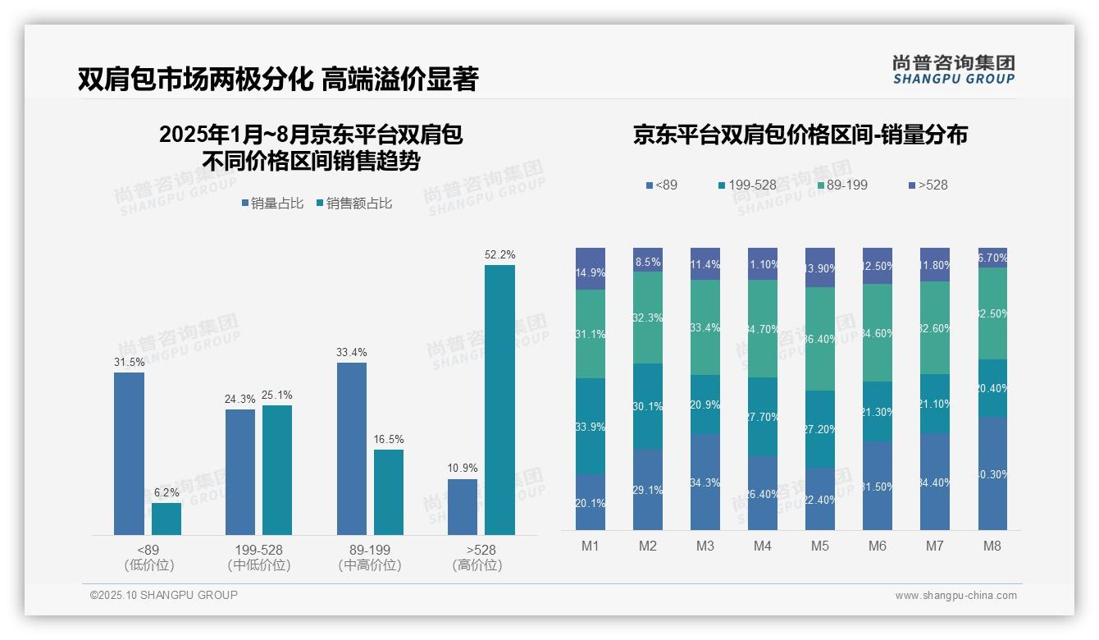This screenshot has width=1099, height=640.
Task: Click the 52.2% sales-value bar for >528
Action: point(499,400)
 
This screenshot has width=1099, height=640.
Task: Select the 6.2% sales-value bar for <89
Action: point(166,519)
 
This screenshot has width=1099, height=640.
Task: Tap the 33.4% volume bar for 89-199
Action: point(351,449)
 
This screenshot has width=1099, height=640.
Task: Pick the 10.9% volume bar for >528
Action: point(463,507)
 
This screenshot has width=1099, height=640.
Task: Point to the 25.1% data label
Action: point(276,395)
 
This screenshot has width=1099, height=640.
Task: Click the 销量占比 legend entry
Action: point(272,203)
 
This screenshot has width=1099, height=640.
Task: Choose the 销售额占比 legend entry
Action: point(353,203)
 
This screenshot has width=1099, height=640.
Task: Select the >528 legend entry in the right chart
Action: point(928,185)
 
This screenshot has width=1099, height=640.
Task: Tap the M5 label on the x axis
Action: point(820,546)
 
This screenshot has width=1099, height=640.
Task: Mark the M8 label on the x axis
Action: point(992,546)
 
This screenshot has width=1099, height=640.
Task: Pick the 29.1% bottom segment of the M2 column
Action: point(648,489)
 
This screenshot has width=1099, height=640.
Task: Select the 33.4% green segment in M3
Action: point(705,327)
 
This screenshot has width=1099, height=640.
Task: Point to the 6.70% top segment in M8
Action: point(992,258)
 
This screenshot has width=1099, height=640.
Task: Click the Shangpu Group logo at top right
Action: point(953,69)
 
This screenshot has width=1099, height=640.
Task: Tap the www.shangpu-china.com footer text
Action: point(955,596)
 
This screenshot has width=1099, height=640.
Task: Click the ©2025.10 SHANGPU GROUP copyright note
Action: point(164,595)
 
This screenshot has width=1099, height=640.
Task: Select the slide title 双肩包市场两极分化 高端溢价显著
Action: point(278,80)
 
